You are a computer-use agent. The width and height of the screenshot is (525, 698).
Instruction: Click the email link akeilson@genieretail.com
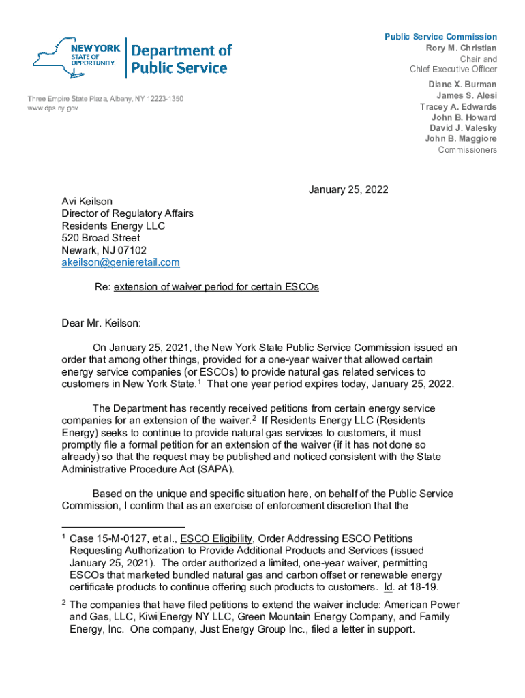click(121, 262)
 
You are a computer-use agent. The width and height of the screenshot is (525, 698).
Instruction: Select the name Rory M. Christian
click(461, 48)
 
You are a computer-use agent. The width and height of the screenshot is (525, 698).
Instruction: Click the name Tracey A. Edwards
click(458, 107)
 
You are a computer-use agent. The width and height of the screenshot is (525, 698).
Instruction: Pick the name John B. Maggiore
click(461, 139)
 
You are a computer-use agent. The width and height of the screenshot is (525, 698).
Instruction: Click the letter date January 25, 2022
click(348, 189)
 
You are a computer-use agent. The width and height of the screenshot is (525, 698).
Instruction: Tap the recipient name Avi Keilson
click(87, 202)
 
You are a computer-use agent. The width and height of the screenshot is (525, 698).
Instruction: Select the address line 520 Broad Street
click(101, 238)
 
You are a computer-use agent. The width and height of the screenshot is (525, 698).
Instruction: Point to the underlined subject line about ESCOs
click(216, 287)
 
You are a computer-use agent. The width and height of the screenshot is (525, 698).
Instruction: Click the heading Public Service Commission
click(440, 37)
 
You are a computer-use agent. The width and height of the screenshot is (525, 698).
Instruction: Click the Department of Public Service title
click(181, 59)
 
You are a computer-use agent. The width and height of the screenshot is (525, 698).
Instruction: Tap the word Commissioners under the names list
click(467, 150)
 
